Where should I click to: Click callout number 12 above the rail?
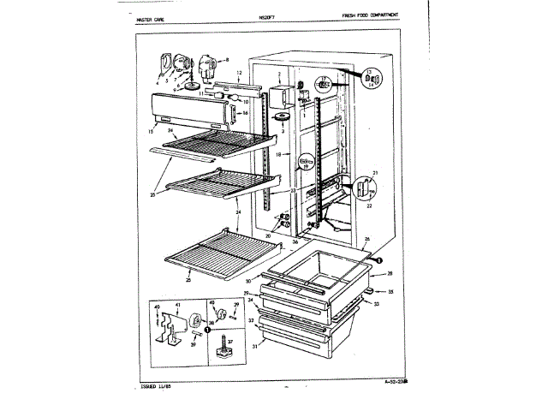(x=241, y=74)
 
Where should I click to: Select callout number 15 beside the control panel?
(x=151, y=130)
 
